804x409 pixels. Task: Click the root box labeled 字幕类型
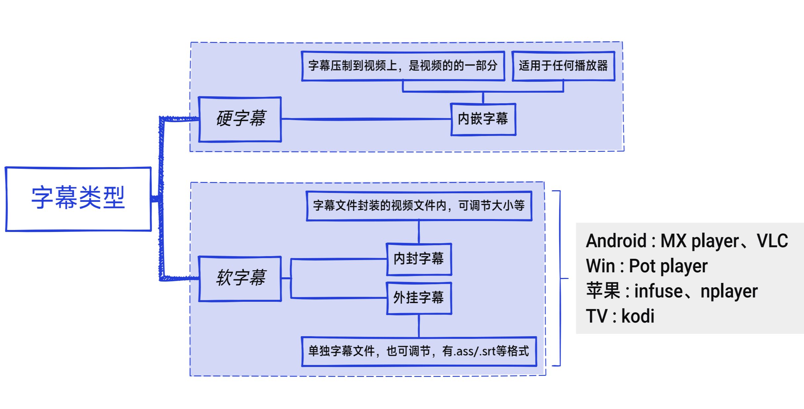[78, 199]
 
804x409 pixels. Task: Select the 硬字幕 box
[240, 119]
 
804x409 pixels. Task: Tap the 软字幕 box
[240, 278]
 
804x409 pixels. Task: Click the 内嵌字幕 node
[483, 119]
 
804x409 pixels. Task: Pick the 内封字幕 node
[419, 259]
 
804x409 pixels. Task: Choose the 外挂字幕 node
[419, 298]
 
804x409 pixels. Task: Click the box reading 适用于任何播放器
[563, 66]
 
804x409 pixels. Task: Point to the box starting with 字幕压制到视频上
[403, 66]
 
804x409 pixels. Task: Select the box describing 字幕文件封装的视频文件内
[419, 206]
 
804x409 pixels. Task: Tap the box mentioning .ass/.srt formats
[419, 351]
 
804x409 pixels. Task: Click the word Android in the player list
[616, 241]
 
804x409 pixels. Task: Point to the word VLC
[772, 241]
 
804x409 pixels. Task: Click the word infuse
[658, 291]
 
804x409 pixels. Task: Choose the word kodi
[637, 316]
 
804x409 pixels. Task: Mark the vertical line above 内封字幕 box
[419, 232]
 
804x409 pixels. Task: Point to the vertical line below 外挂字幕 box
[419, 326]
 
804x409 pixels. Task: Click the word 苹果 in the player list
[603, 291]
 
